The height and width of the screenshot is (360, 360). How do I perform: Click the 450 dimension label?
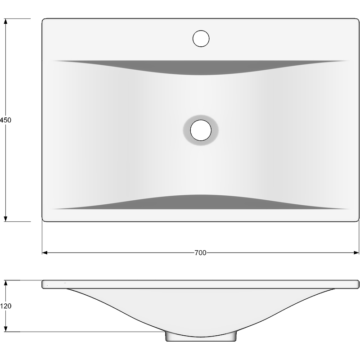[5, 120]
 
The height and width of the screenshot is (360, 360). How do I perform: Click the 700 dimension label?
[200, 253]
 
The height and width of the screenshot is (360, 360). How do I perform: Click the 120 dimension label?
[5, 306]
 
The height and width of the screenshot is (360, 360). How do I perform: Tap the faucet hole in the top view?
[201, 38]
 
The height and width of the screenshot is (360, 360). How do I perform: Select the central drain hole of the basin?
[201, 130]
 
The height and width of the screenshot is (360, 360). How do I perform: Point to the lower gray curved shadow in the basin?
[201, 202]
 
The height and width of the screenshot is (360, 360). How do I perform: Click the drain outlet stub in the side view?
[201, 337]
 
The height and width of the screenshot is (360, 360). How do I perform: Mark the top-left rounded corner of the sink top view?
[44, 21]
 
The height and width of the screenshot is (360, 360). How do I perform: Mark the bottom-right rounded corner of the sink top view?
[357, 220]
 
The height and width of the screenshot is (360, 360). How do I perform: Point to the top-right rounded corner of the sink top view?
[357, 21]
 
